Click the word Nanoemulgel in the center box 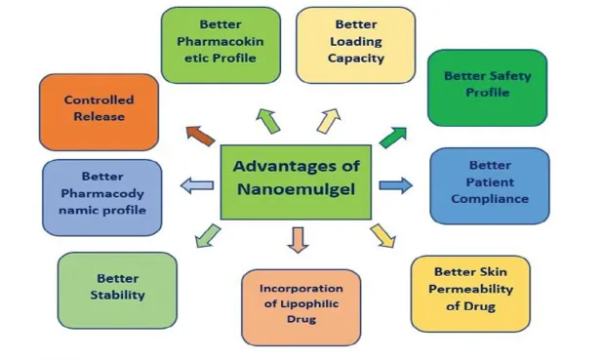tap(296, 189)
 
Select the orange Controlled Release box tap(99, 112)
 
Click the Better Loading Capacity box tap(356, 45)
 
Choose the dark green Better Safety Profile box tap(487, 88)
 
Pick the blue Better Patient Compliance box tap(490, 186)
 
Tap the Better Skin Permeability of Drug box tap(470, 294)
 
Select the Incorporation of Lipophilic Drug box tap(300, 307)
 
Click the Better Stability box tap(117, 290)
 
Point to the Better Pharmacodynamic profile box tap(101, 198)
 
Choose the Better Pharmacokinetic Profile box tap(220, 45)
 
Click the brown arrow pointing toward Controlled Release tap(200, 136)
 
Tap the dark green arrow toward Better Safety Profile tap(393, 138)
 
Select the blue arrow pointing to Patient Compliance tap(395, 185)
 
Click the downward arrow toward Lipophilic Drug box tap(298, 240)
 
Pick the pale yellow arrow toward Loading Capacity tap(329, 121)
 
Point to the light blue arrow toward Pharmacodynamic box tap(197, 185)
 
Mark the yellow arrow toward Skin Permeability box tap(382, 236)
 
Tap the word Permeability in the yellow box tap(470, 289)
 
